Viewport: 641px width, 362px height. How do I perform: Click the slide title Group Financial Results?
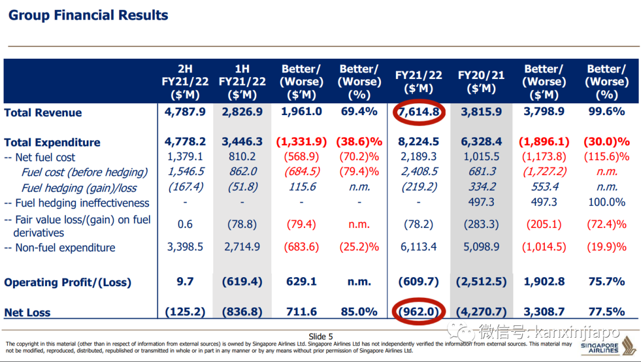tap(88, 15)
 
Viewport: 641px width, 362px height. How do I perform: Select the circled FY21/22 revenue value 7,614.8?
tap(419, 112)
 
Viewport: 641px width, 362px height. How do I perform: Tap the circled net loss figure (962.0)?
tap(419, 312)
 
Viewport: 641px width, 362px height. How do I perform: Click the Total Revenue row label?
tap(43, 113)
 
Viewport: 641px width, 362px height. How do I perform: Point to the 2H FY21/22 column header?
tap(185, 81)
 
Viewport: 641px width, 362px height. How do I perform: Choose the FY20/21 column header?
tap(481, 82)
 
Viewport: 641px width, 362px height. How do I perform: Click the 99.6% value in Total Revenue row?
tap(606, 112)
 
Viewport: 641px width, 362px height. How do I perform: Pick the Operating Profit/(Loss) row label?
tap(68, 282)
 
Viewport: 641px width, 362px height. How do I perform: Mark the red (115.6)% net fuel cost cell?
tap(606, 157)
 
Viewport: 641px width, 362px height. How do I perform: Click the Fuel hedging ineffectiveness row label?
tap(77, 203)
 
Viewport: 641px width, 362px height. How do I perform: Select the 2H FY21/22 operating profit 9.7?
tap(185, 282)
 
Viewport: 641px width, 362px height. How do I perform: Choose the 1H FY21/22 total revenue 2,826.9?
tap(242, 112)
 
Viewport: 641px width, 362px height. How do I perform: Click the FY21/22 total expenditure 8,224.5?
tap(419, 142)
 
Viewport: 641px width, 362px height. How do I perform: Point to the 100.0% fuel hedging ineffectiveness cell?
tap(606, 202)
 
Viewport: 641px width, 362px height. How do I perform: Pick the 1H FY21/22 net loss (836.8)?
tap(242, 312)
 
